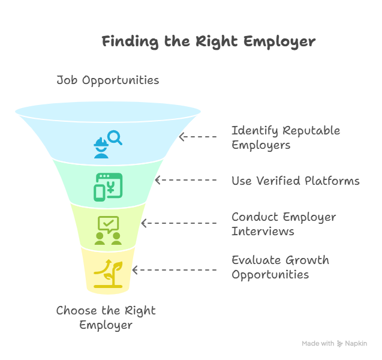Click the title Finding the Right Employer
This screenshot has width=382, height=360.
(208, 42)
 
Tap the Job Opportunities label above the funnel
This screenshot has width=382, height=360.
(108, 80)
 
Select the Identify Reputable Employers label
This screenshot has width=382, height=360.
(285, 137)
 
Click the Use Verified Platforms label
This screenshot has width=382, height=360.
(296, 181)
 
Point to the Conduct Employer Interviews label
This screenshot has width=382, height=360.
(284, 224)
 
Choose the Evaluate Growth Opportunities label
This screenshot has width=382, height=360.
(280, 268)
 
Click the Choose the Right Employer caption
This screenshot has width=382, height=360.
(106, 318)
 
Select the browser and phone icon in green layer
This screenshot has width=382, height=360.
(108, 186)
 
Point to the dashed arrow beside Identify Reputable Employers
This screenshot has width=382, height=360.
(198, 137)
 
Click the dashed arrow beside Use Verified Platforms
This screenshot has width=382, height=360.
(185, 180)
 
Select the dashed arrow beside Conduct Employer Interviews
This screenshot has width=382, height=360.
(178, 223)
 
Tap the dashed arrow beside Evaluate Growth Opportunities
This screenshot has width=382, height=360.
(174, 270)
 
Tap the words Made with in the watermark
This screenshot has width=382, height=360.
(318, 344)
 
